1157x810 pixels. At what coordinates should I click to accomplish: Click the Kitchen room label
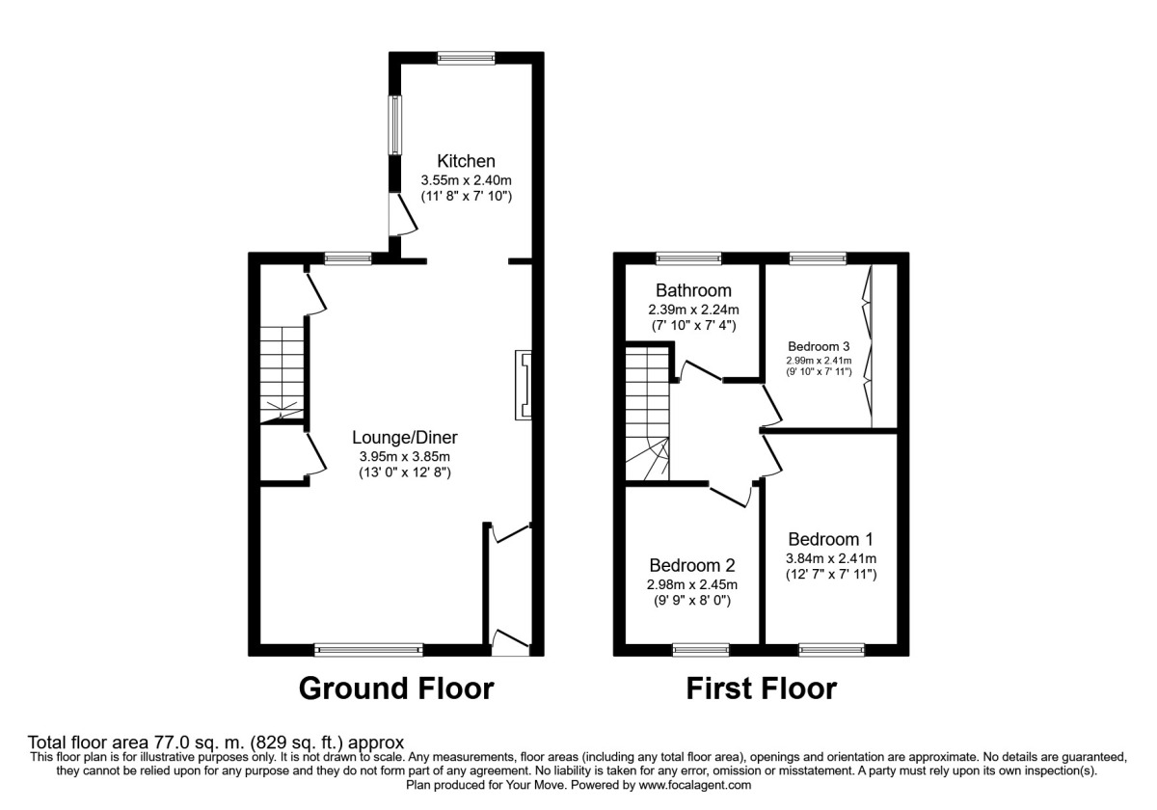point(466,161)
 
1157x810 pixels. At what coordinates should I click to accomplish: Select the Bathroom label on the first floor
point(693,290)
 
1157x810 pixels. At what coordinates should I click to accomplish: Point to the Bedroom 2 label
point(692,565)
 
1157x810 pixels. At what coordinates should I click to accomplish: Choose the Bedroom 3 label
point(820,346)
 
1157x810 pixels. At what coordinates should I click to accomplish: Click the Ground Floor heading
point(396,688)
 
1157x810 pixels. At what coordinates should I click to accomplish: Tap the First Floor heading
point(761,688)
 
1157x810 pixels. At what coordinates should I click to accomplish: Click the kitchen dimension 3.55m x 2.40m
point(466,179)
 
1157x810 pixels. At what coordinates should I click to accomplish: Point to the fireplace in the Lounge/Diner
point(524,385)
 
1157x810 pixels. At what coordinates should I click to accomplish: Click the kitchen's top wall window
point(467,58)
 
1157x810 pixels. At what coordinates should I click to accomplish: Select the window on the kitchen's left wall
point(394,124)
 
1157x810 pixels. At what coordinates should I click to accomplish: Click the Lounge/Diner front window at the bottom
point(369,650)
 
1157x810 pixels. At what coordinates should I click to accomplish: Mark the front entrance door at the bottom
point(510,642)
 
